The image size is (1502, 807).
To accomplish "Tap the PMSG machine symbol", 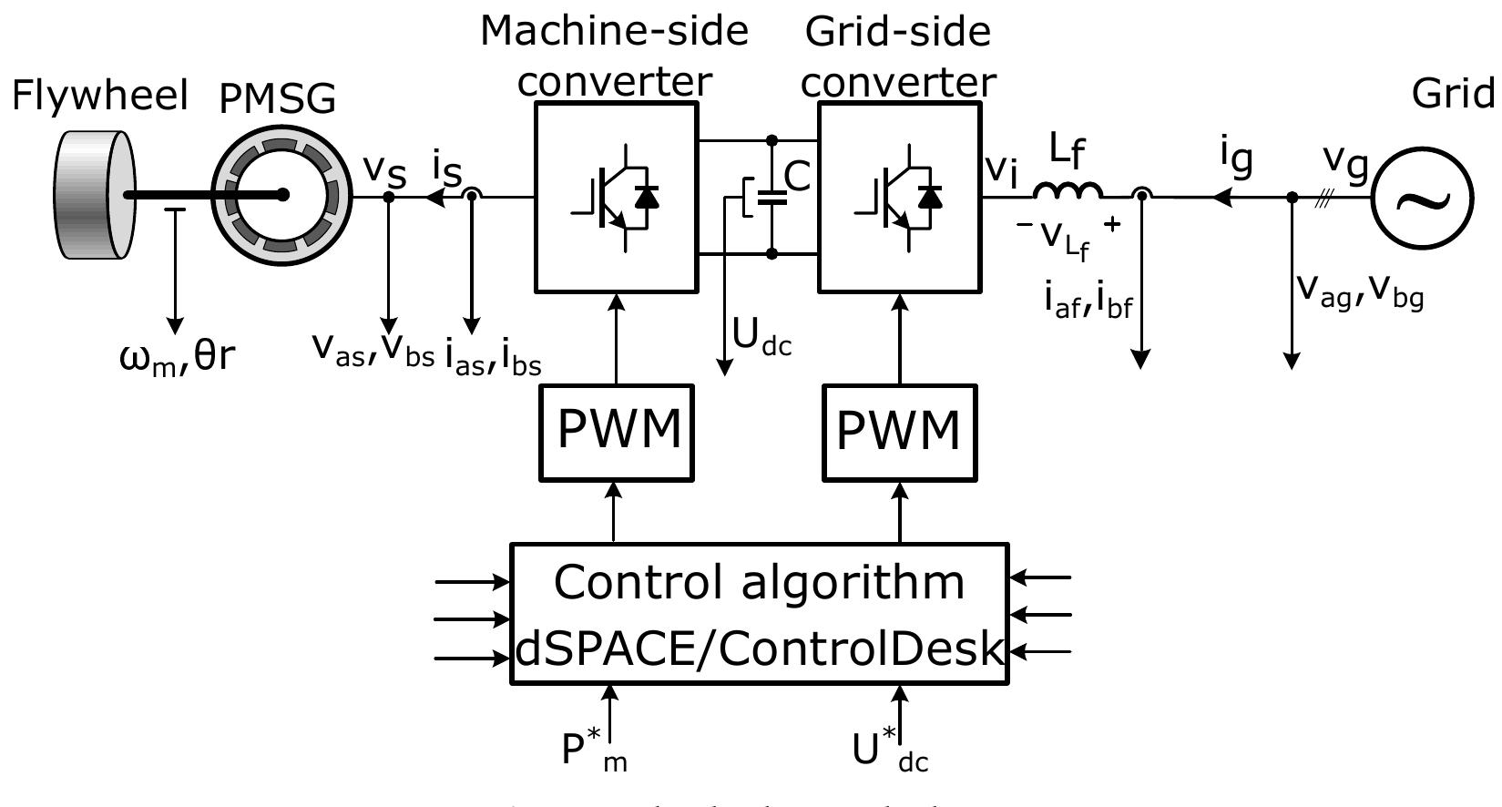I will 282,195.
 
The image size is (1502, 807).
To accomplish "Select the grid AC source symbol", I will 1421,197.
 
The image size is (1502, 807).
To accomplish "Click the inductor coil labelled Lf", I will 1068,191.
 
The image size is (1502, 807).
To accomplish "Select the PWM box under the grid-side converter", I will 900,432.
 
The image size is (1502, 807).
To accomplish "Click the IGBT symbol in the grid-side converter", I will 900,197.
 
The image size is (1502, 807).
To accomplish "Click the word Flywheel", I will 99,96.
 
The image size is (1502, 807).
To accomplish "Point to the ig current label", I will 1237,158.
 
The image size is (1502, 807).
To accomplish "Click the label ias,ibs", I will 493,359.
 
